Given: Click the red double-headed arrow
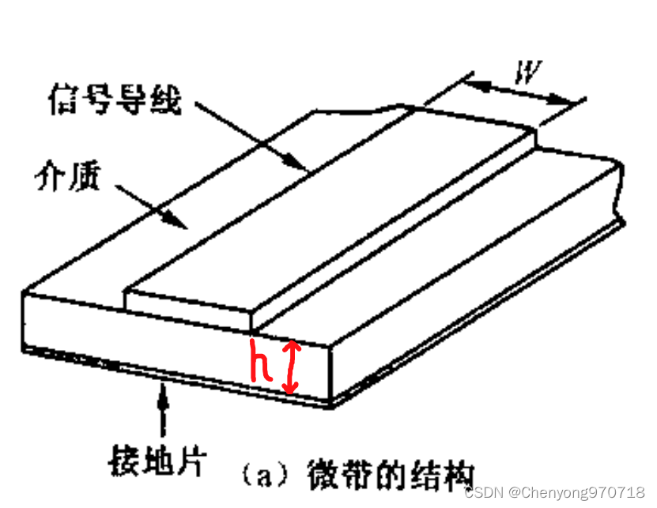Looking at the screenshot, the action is point(291,367).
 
